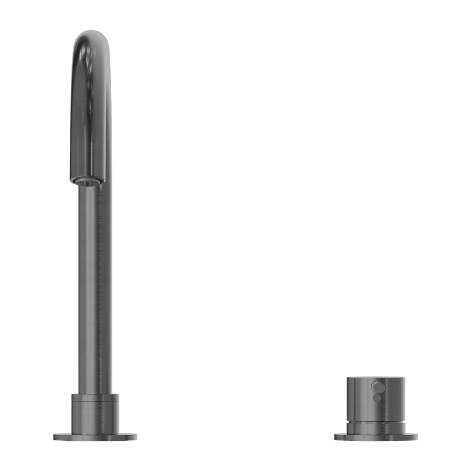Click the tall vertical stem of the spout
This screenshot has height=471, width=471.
pos(96,283)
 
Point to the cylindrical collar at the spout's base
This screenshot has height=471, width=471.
pos(95,412)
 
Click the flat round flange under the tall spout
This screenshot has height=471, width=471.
pos(95,437)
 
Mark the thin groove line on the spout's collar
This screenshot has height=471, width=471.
pos(95,398)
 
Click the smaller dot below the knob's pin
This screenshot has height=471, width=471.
pos(377,397)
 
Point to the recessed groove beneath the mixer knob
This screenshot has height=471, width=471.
pos(376,423)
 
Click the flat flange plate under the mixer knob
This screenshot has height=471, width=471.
pos(376,437)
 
